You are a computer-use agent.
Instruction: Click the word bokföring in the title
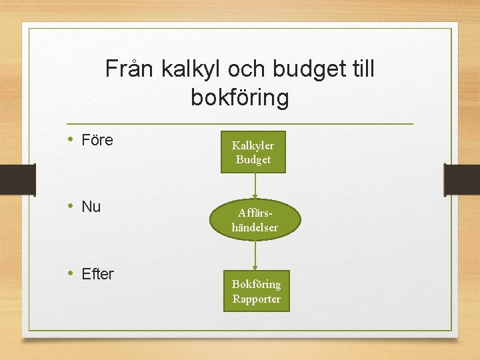coord(240,98)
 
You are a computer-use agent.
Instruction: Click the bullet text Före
coord(97,140)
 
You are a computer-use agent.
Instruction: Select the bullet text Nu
coord(91,207)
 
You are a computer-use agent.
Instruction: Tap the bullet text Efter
coord(97,273)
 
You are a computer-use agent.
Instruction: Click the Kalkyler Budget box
coord(253,152)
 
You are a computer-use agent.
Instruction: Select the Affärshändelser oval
coord(255,221)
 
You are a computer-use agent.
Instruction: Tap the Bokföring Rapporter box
coord(256,291)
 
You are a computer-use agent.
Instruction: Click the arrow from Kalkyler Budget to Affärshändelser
coord(254,187)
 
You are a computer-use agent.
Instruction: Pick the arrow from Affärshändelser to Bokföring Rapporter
coord(255,255)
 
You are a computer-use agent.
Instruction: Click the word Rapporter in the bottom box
coord(256,299)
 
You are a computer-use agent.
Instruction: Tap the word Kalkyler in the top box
coord(253,145)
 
